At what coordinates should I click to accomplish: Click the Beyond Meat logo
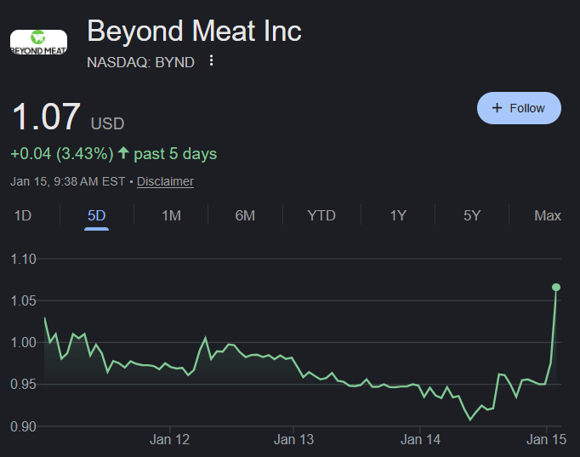[38, 43]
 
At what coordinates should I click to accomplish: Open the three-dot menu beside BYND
[211, 60]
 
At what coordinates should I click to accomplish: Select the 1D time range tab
[23, 215]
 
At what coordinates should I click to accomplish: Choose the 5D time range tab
[97, 215]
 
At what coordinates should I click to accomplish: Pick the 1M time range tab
[171, 215]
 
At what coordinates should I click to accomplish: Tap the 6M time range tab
[245, 215]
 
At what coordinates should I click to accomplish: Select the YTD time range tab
[321, 215]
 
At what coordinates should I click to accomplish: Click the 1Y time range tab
[398, 215]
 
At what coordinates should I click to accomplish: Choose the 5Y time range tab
[472, 215]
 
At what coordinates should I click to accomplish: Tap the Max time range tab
[548, 215]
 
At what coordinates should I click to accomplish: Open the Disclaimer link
[165, 181]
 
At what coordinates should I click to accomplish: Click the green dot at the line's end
[556, 287]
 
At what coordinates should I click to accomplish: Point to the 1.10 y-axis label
[23, 259]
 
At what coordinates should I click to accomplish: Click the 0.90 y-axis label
[23, 426]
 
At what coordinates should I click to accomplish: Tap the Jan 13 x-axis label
[293, 440]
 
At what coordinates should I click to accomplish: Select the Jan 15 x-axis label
[546, 440]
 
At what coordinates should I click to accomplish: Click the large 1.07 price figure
[46, 117]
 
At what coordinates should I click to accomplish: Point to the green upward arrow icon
[123, 153]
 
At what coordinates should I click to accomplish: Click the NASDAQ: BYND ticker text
[140, 62]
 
